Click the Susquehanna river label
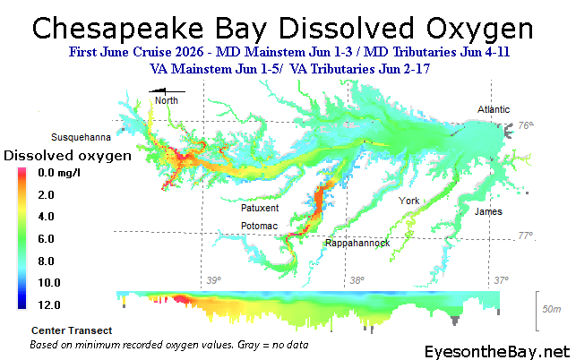tap(81, 137)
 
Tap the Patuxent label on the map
tap(260, 208)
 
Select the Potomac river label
tap(259, 226)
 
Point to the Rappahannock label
tap(357, 244)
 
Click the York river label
tap(408, 201)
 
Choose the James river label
tap(488, 211)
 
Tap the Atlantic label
tap(494, 109)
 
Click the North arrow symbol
tap(167, 91)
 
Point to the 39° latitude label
tap(214, 280)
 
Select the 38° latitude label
tap(357, 280)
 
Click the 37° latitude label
tap(501, 280)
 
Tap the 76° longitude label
tap(526, 125)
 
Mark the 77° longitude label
tap(525, 236)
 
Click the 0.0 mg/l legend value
tap(59, 173)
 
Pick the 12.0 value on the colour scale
tap(49, 304)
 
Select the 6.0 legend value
tap(46, 239)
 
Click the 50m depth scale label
tap(552, 309)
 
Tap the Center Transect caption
tap(72, 330)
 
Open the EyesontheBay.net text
tap(497, 352)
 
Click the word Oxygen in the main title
tap(479, 30)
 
